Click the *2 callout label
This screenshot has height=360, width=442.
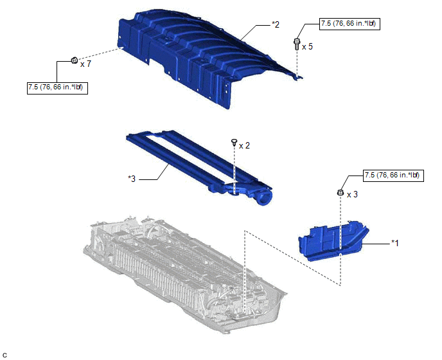click(x=276, y=24)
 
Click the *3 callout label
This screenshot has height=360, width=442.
click(x=132, y=179)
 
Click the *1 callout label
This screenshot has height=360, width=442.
click(x=395, y=242)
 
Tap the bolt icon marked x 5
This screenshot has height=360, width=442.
click(x=297, y=44)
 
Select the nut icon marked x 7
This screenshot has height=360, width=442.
click(x=74, y=60)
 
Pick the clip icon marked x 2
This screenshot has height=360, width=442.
click(x=234, y=142)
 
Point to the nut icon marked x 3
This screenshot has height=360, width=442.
click(x=340, y=193)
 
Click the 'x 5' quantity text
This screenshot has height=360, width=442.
click(x=307, y=46)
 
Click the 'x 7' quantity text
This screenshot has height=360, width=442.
click(x=85, y=64)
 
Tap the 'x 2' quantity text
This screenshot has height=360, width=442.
click(x=244, y=145)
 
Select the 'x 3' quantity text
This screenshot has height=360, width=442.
click(x=352, y=194)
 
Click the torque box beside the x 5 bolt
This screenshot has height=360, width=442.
click(x=349, y=24)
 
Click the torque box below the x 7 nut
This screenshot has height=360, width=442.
click(x=58, y=87)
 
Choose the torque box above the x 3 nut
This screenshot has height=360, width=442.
click(x=393, y=175)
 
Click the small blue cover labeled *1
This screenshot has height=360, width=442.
click(x=334, y=240)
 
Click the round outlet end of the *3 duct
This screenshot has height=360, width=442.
click(x=264, y=198)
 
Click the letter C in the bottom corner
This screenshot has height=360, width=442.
click(x=4, y=355)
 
